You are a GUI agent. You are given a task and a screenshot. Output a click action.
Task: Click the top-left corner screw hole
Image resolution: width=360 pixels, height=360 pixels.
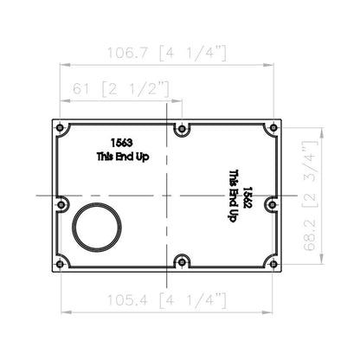60,127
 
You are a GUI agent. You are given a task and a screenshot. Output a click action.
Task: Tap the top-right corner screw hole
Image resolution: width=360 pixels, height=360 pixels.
274,127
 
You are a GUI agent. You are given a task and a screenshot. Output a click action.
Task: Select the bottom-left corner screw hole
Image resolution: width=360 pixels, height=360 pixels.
60,264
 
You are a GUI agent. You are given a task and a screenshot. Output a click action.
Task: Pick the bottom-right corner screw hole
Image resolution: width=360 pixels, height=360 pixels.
274,264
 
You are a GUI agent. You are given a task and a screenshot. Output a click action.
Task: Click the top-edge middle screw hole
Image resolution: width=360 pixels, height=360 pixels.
182,128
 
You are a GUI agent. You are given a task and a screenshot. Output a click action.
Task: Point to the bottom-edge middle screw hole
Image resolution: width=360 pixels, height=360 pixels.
182,262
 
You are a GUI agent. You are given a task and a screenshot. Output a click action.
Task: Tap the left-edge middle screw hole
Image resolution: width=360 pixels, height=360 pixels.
61,204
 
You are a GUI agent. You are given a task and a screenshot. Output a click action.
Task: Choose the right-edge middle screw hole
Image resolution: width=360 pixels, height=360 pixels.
273,204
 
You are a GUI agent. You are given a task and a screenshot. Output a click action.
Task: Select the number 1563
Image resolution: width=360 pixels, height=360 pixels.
122,143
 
